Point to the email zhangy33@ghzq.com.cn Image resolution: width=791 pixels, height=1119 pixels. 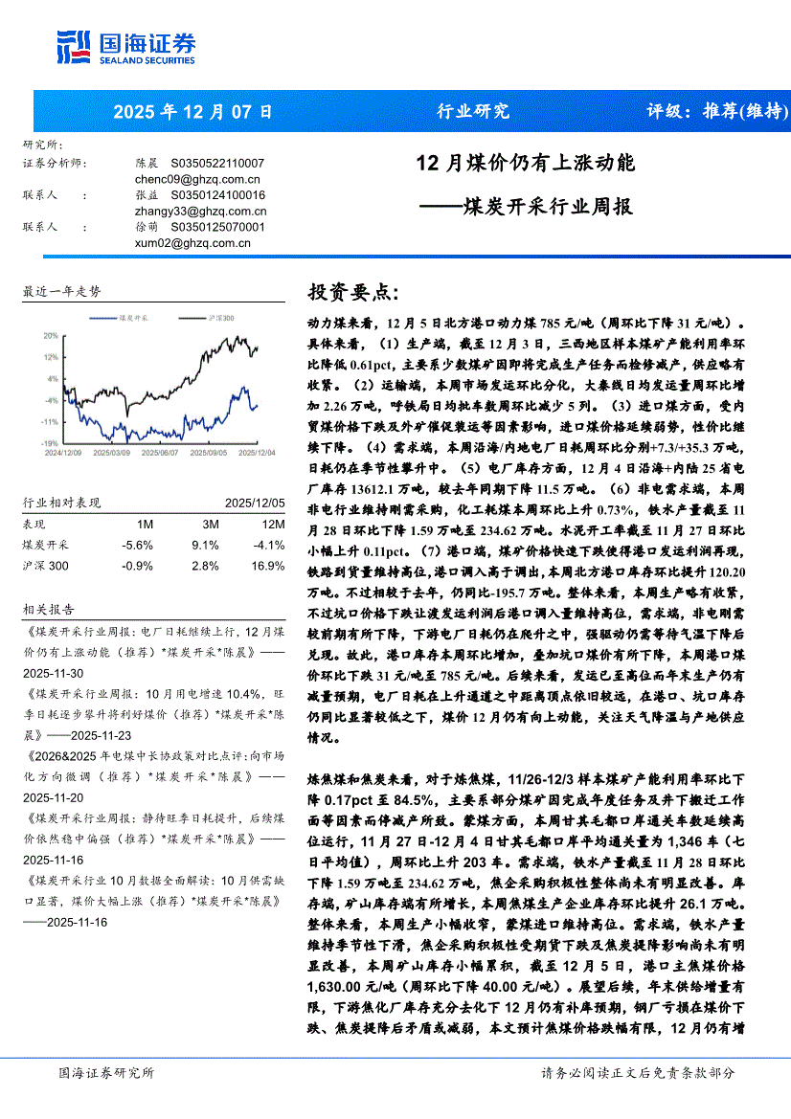201,211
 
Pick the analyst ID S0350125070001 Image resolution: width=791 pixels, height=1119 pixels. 217,227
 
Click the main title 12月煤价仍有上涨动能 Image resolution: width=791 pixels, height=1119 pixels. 525,164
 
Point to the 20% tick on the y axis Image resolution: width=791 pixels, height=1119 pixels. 50,336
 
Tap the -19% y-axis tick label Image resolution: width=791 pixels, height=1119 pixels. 49,443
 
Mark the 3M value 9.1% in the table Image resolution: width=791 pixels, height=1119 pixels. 206,546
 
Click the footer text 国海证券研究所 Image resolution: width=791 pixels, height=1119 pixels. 106,1072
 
